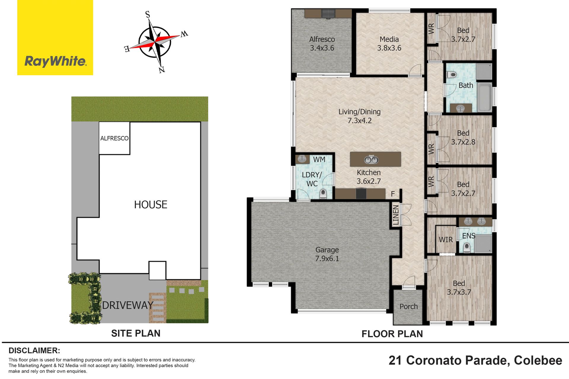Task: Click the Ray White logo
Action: pyautogui.click(x=55, y=38)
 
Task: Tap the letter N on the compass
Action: pyautogui.click(x=162, y=70)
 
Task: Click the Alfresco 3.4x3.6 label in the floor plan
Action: pyautogui.click(x=322, y=44)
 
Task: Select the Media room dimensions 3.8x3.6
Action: pyautogui.click(x=389, y=48)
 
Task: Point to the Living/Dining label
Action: pyautogui.click(x=359, y=112)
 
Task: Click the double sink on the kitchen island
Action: pyautogui.click(x=371, y=160)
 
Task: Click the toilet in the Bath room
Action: pyautogui.click(x=452, y=74)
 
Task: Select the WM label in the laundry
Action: pyautogui.click(x=319, y=160)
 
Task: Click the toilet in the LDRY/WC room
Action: pyautogui.click(x=323, y=194)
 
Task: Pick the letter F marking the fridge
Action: pyautogui.click(x=393, y=194)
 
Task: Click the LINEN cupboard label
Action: pyautogui.click(x=396, y=215)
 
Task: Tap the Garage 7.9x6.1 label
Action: pyautogui.click(x=327, y=254)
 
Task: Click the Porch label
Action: pyautogui.click(x=409, y=306)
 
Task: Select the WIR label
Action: pyautogui.click(x=446, y=240)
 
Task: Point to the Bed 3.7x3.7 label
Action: pyautogui.click(x=459, y=288)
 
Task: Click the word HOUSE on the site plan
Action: pyautogui.click(x=151, y=205)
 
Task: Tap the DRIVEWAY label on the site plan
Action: pyautogui.click(x=128, y=305)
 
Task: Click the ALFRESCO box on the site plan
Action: pyautogui.click(x=114, y=138)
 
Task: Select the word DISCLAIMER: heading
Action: pyautogui.click(x=34, y=351)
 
